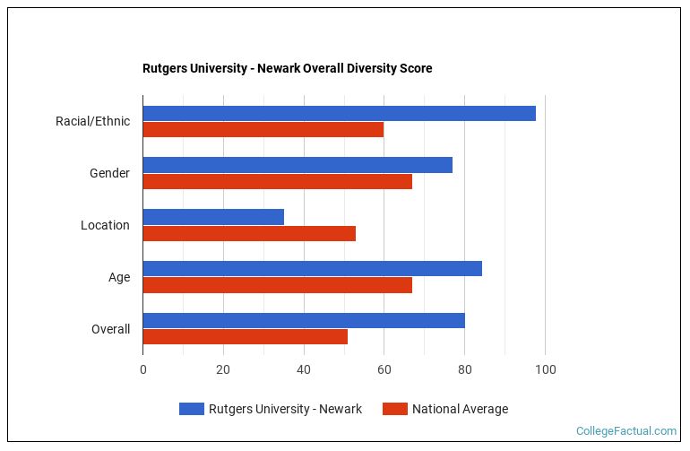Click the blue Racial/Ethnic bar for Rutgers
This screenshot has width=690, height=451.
pyautogui.click(x=339, y=113)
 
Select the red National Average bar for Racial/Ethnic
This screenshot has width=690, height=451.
pyautogui.click(x=263, y=129)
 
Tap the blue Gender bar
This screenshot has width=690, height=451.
pyautogui.click(x=298, y=165)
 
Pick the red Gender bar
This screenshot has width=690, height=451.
pyautogui.click(x=277, y=181)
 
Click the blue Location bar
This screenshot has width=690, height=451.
pyautogui.click(x=213, y=217)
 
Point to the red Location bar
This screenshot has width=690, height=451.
pyautogui.click(x=249, y=233)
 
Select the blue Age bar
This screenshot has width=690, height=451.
pyautogui.click(x=312, y=268)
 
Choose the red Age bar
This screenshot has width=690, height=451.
pyautogui.click(x=277, y=285)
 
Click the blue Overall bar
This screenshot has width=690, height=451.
pyautogui.click(x=304, y=320)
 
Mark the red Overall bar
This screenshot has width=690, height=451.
pyautogui.click(x=245, y=336)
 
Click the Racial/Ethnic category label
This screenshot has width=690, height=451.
pyautogui.click(x=92, y=121)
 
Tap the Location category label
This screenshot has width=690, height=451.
pyautogui.click(x=105, y=225)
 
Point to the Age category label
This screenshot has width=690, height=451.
pyautogui.click(x=119, y=277)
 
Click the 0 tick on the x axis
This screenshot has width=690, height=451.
pyautogui.click(x=142, y=369)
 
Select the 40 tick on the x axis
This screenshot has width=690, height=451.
pyautogui.click(x=304, y=369)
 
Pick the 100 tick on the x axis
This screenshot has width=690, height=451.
pyautogui.click(x=545, y=369)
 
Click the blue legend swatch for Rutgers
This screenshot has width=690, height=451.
pyautogui.click(x=191, y=409)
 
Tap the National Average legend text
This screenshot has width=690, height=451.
pyautogui.click(x=460, y=409)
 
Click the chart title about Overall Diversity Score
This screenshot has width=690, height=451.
pyautogui.click(x=287, y=68)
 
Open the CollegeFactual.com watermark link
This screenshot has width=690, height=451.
pyautogui.click(x=625, y=431)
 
